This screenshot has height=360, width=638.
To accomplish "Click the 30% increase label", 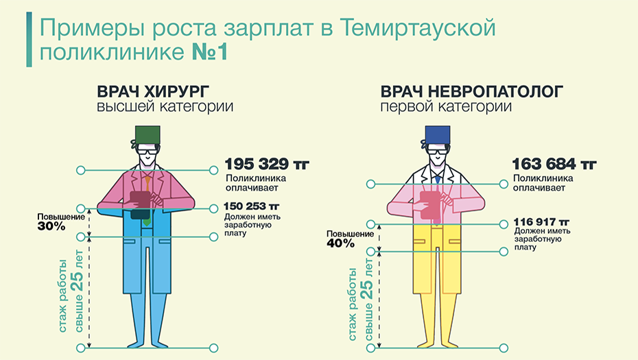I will [51, 226].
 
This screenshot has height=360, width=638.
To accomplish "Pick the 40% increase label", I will [340, 243].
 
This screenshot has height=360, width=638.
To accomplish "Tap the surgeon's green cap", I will [147, 135].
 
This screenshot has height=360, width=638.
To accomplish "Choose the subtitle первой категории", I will [445, 107].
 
